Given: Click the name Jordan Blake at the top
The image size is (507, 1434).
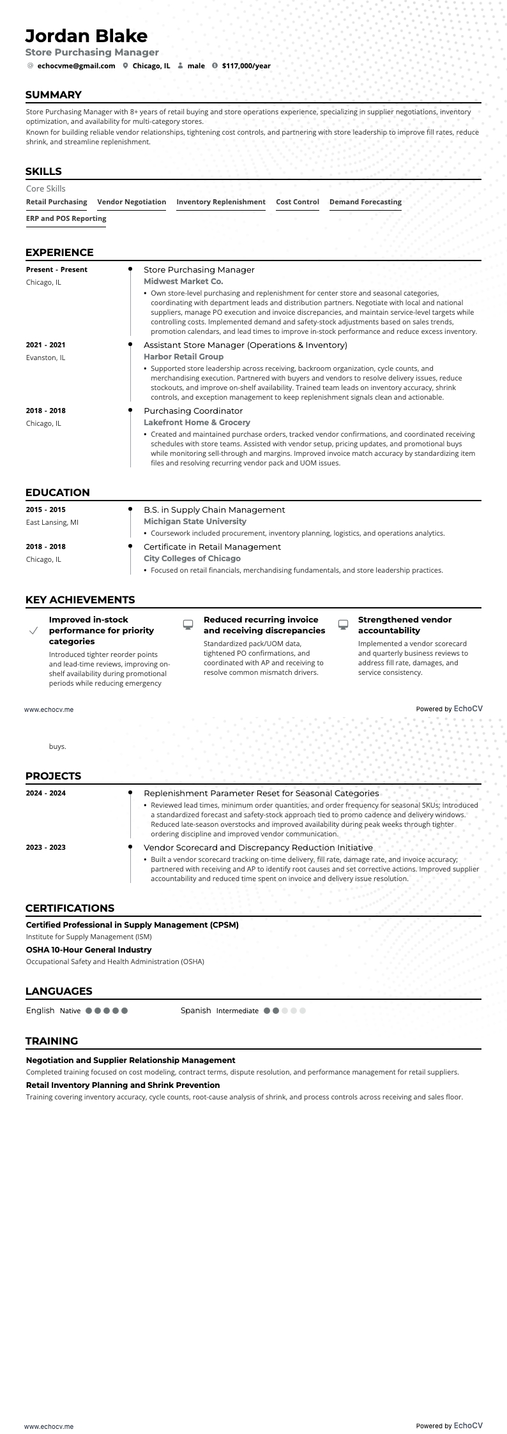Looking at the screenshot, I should coord(86,36).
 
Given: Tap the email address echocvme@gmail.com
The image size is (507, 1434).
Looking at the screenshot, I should coord(76,66).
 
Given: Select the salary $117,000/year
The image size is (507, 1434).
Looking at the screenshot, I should coord(246,66).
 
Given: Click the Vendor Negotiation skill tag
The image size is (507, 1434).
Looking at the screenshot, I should coord(132,202).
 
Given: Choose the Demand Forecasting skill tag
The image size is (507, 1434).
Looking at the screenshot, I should coord(365,202).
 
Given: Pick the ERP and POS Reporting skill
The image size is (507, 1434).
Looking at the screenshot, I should coord(66,218).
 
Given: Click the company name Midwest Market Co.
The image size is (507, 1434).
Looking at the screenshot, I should coord(183,281).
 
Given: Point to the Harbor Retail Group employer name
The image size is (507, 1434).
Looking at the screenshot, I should coord(183,356).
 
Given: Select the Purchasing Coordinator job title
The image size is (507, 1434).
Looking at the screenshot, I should coord(193,411).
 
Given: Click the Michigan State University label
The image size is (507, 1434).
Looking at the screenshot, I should coord(195,521).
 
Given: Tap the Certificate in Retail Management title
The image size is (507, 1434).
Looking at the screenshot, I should coord(212,547).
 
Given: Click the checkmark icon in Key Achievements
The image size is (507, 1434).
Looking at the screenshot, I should coord(34,631).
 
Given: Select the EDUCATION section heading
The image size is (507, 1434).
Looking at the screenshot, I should coord(57,492).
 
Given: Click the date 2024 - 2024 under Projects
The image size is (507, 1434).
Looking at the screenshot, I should coord(45,793).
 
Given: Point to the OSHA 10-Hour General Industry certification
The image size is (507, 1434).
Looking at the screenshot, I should coord(89,949).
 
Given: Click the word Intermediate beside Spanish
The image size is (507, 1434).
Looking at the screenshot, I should coord(237,1011).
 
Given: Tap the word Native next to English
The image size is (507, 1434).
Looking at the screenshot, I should coord(70,1011).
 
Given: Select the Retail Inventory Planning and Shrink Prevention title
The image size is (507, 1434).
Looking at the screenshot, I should coord(123,1085).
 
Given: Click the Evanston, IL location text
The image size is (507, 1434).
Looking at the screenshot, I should coord(45,358).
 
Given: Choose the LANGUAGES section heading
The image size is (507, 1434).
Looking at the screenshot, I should coord(59,991).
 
